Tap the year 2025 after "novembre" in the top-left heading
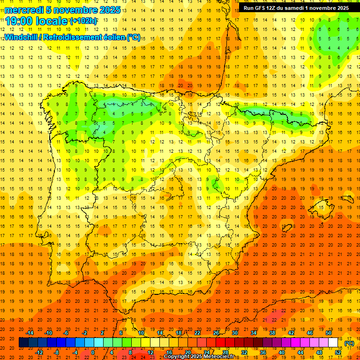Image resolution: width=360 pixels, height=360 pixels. click(110, 10)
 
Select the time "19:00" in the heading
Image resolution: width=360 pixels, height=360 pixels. click(20, 21)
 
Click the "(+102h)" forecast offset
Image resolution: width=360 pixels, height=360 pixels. click(83, 21)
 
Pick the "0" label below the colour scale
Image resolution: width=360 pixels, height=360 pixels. click(93, 352)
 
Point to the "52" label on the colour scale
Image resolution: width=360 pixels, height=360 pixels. click(337, 352)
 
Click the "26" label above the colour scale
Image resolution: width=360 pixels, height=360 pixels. click(216, 333)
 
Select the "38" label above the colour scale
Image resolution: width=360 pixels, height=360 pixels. click(272, 333)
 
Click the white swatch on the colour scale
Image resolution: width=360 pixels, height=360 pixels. click(333, 343)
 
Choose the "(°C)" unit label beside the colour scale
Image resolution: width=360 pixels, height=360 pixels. click(349, 343)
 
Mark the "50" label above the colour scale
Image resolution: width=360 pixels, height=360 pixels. click(328, 333)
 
